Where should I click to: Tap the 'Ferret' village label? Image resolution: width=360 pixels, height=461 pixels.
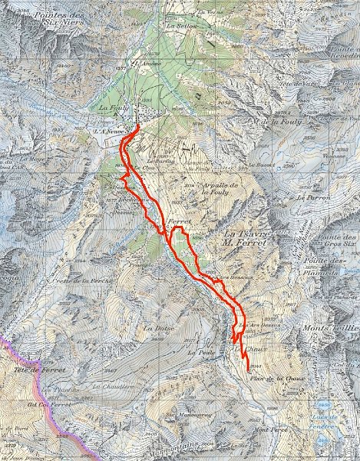[177, 220]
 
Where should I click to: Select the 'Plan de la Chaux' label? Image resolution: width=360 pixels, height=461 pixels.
[272, 376]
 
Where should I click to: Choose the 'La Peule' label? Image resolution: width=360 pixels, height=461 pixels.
[199, 352]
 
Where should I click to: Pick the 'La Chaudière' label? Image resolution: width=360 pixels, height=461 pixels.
[116, 386]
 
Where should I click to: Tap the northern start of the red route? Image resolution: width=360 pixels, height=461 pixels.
[137, 126]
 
